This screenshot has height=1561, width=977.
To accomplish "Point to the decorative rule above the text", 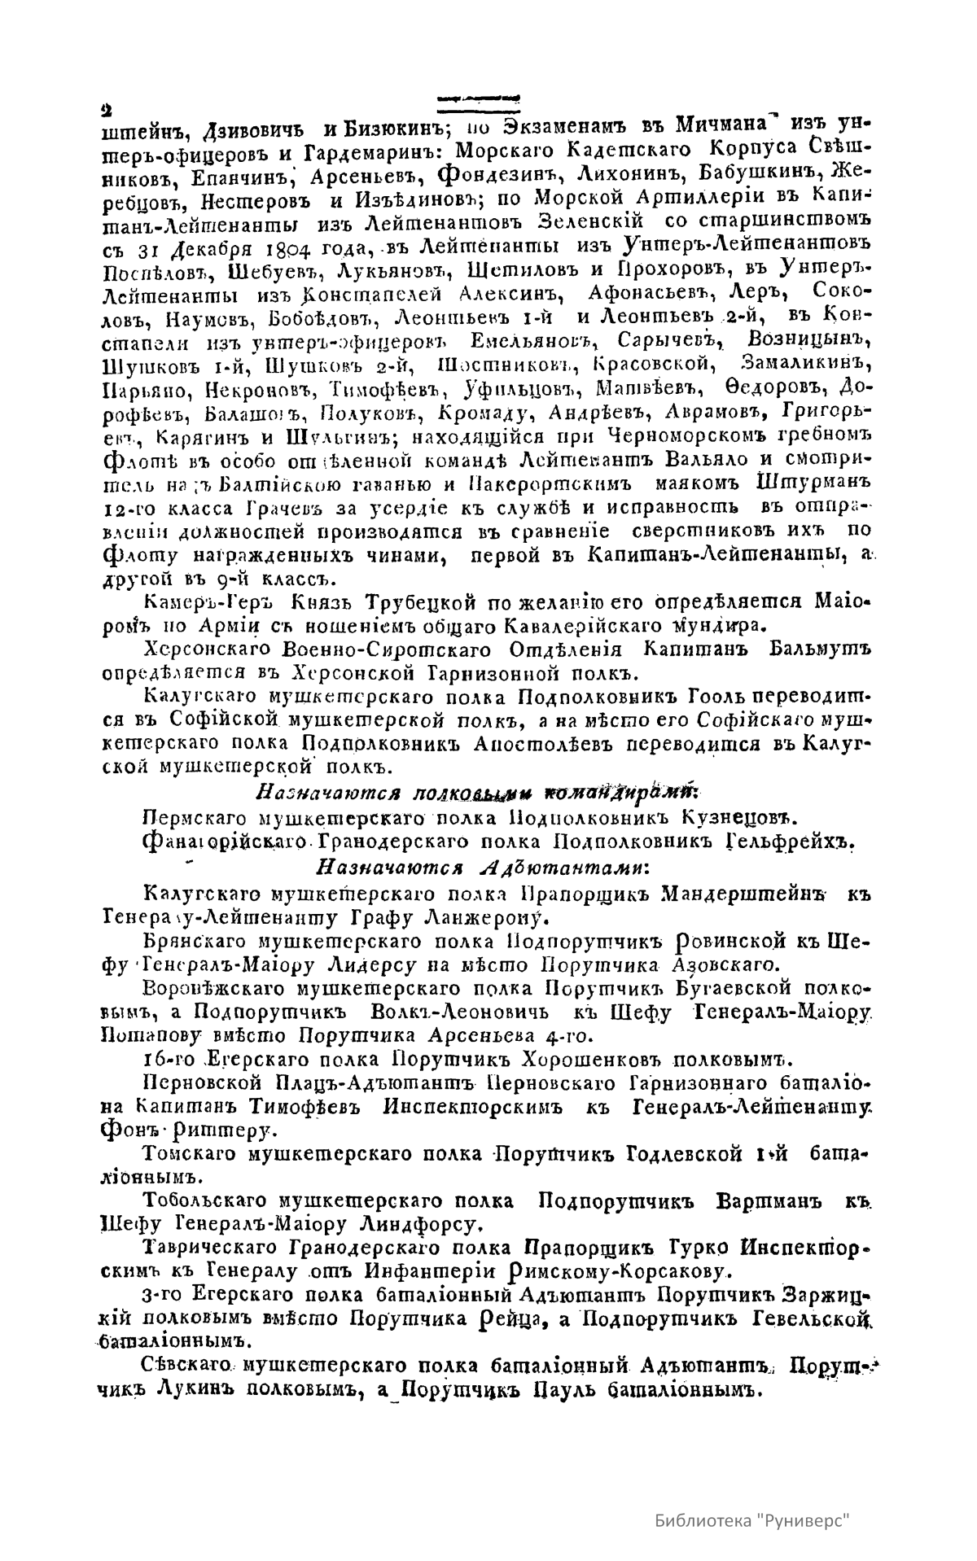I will coord(479,98).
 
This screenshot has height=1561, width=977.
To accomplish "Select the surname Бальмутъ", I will coord(821,650).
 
